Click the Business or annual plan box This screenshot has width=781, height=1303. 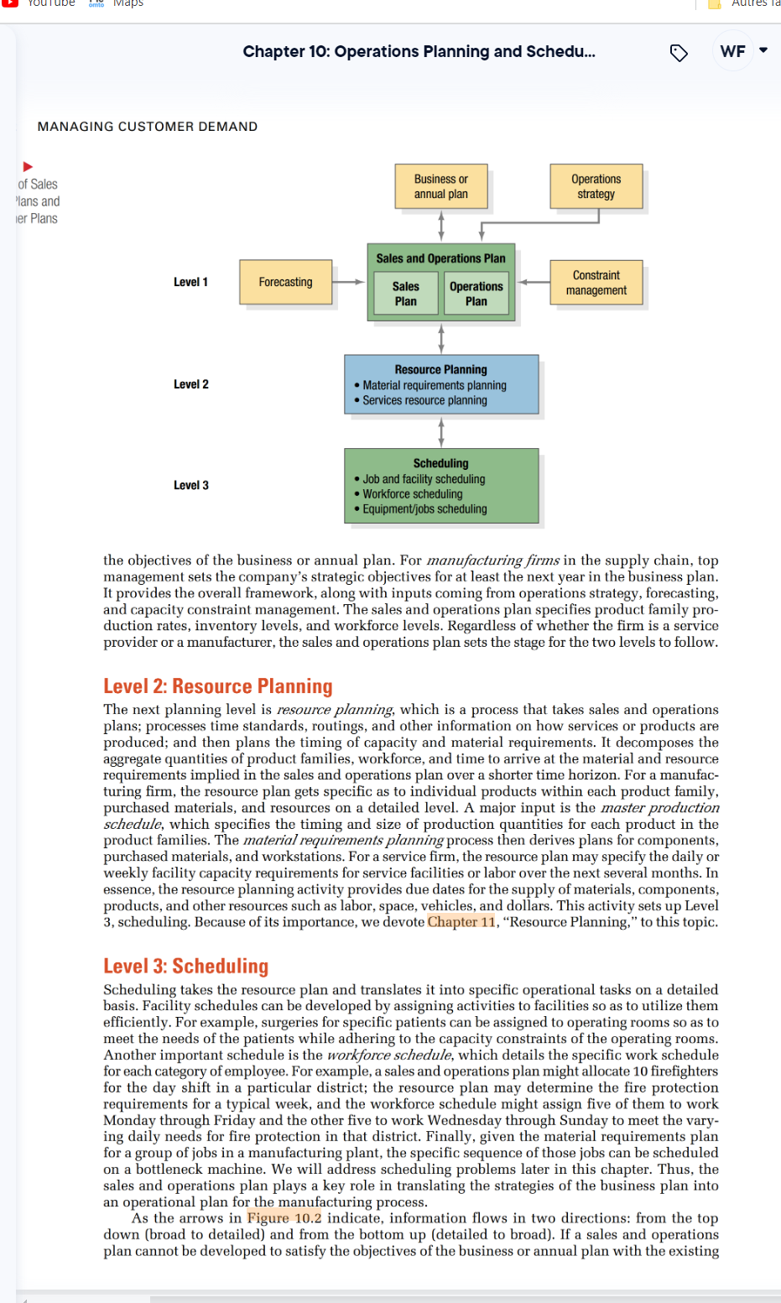click(x=440, y=186)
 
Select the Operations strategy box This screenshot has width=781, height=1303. click(x=596, y=186)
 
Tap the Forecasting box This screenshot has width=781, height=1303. click(x=285, y=282)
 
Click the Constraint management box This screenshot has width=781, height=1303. click(x=596, y=283)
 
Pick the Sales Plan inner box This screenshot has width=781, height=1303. click(x=405, y=294)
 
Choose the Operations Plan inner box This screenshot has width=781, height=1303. click(x=476, y=294)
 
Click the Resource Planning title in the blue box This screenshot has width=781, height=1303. click(x=440, y=369)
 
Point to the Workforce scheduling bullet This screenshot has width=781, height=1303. click(x=412, y=494)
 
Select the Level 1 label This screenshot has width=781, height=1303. click(x=190, y=282)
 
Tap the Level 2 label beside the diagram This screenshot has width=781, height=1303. click(x=190, y=384)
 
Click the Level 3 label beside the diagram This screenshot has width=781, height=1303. click(x=190, y=485)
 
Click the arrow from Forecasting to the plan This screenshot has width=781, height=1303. click(x=349, y=282)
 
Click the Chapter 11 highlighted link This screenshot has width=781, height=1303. click(x=461, y=922)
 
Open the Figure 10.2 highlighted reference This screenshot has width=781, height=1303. click(x=284, y=1218)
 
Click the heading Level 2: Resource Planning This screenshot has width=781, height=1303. click(x=218, y=686)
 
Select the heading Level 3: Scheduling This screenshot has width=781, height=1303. click(x=185, y=967)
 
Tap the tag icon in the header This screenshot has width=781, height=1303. click(x=679, y=53)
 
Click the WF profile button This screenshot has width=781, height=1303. click(x=732, y=51)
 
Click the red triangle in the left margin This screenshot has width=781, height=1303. click(x=28, y=167)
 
